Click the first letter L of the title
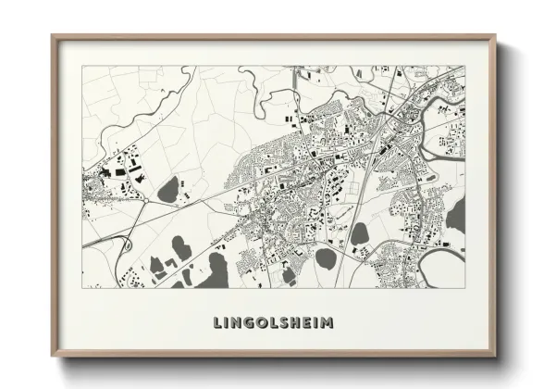coord(218,323)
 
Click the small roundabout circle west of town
coord(145,198)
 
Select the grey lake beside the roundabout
coord(168,191)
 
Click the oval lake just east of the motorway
coord(358,232)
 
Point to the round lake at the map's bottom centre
coord(325,257)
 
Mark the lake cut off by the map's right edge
coord(457,218)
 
